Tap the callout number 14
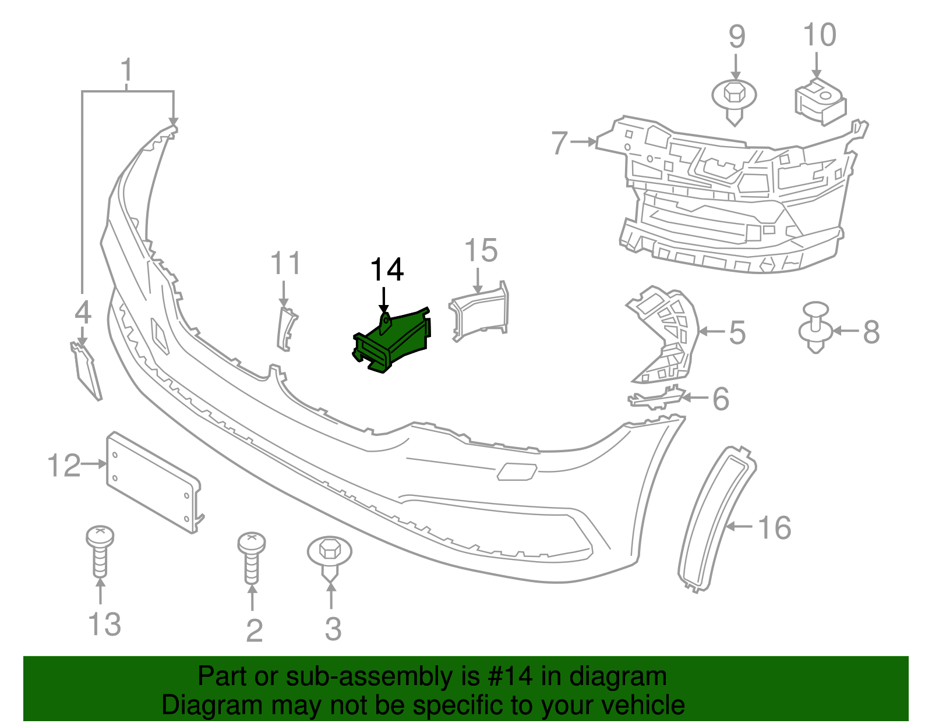coord(387,270)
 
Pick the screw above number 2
coord(252,558)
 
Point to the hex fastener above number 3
coord(330,558)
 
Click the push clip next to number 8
coord(815,328)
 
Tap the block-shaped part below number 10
coord(820,102)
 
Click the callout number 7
coord(560,143)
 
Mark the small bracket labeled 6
coord(656,397)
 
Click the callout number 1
coord(126,70)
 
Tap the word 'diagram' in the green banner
coord(618,678)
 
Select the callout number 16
coord(775,528)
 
